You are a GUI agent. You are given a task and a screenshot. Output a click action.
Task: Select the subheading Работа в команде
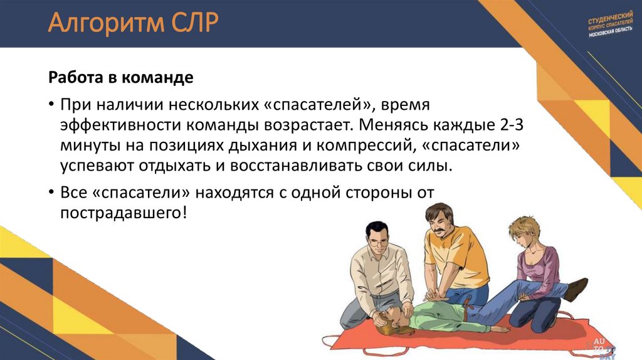pos(121,78)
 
